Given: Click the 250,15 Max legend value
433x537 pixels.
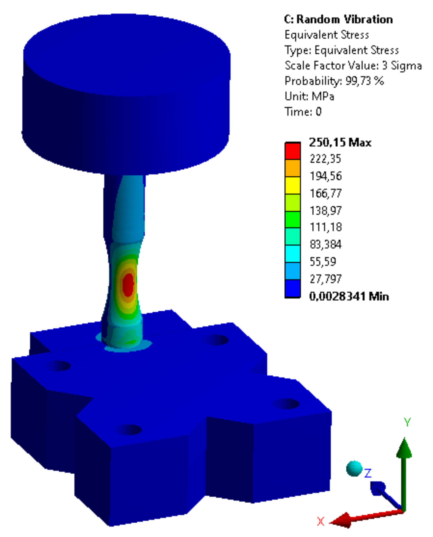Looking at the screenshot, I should [x=340, y=142].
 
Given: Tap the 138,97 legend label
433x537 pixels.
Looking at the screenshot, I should [x=326, y=210].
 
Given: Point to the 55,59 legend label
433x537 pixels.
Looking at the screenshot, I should [x=323, y=261].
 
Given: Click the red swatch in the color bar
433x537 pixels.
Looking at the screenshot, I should [x=293, y=151].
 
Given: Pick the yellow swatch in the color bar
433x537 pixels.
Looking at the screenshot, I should [x=293, y=185].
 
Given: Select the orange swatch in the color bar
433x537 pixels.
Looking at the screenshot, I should [x=293, y=168].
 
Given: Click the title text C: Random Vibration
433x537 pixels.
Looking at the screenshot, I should [x=338, y=20].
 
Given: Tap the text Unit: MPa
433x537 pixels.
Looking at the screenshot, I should [x=309, y=97].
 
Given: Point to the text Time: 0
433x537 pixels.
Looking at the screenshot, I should [x=303, y=112].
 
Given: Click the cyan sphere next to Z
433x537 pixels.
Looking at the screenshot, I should [x=354, y=468].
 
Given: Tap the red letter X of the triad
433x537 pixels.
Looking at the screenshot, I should [x=320, y=521].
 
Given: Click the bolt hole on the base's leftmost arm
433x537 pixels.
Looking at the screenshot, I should [x=59, y=366].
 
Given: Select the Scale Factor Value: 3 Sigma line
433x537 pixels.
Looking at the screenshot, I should [x=353, y=66].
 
